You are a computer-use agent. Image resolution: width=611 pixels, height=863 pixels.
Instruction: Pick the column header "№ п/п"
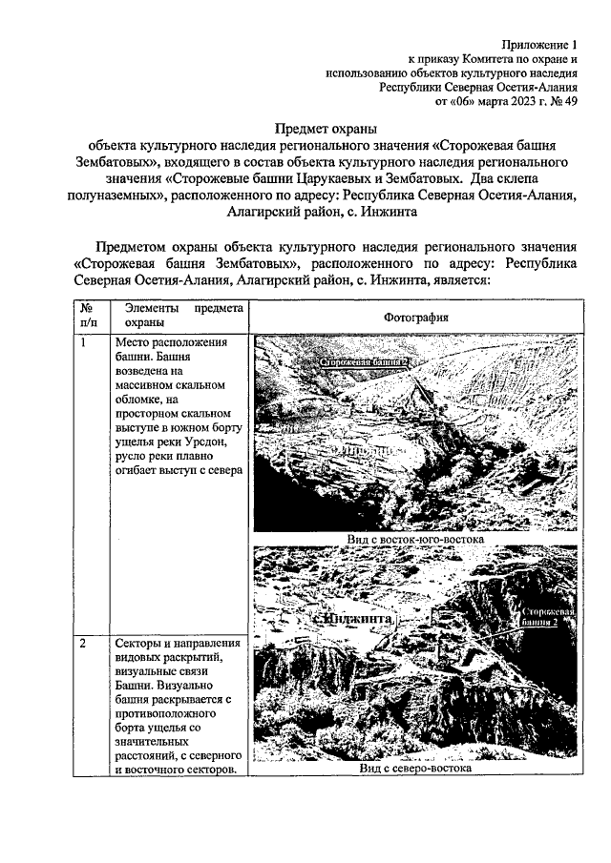click(x=88, y=317)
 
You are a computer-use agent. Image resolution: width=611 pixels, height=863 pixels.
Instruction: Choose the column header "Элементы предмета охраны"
click(x=178, y=317)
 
